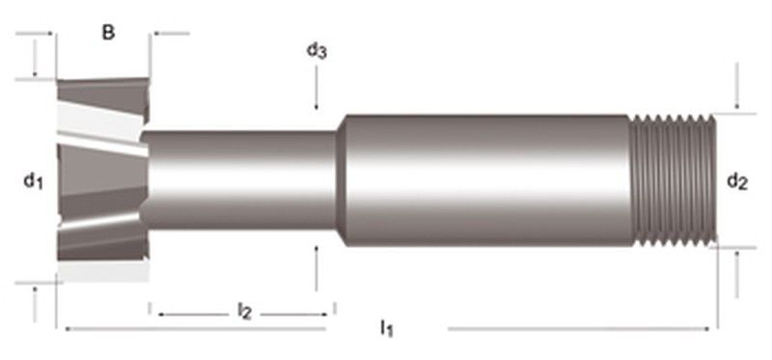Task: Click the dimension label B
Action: click(x=108, y=33)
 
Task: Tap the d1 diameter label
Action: click(x=34, y=181)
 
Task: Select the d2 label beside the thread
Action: click(x=737, y=181)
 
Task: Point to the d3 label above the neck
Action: click(x=317, y=50)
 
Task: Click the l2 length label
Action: click(x=244, y=311)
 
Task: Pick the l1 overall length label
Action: click(x=387, y=328)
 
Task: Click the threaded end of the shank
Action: click(x=673, y=180)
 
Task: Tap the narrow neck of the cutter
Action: click(x=240, y=180)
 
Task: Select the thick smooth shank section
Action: click(x=487, y=180)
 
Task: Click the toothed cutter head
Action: click(x=102, y=180)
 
